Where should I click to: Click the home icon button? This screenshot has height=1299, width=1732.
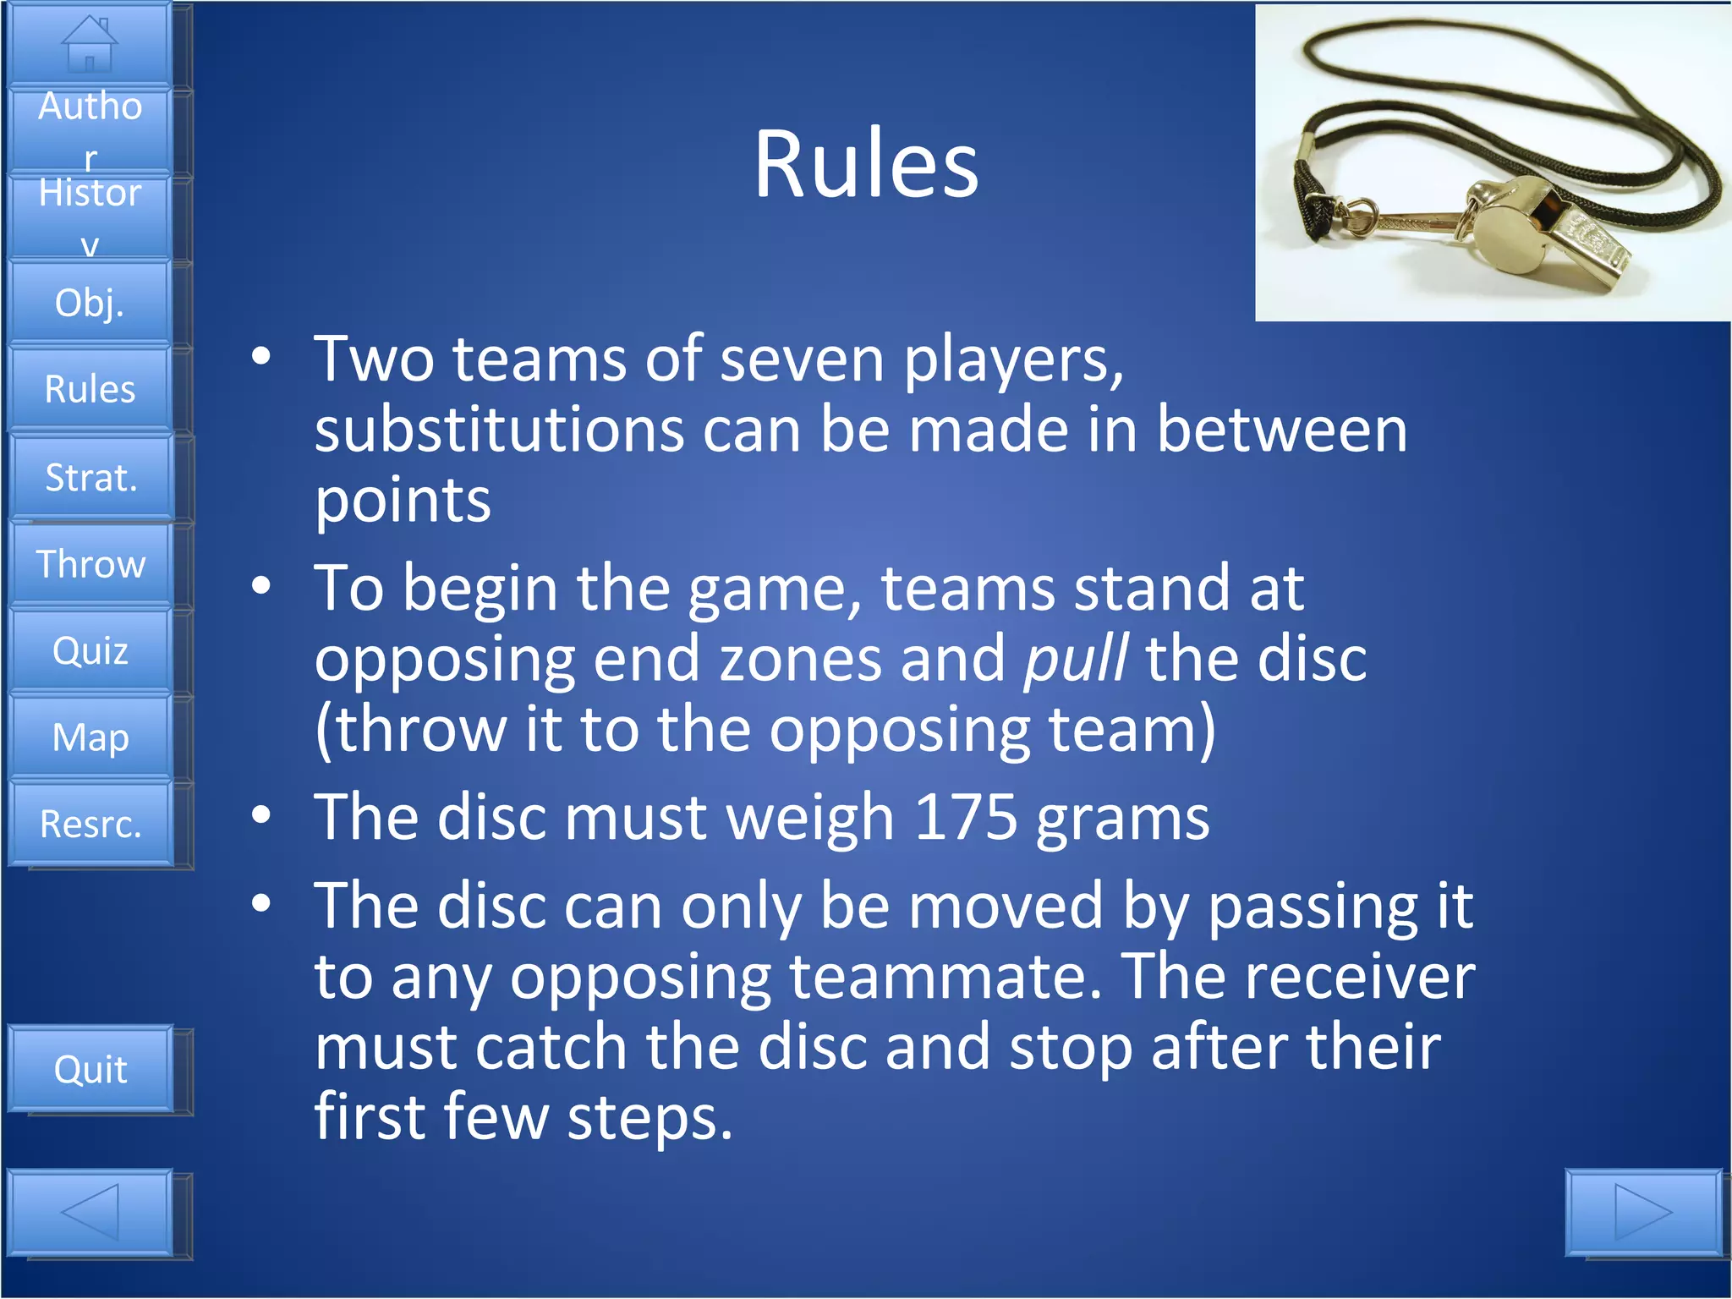click(x=90, y=44)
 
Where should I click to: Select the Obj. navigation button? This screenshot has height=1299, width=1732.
click(x=90, y=303)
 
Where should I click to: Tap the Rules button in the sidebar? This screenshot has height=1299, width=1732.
click(x=90, y=389)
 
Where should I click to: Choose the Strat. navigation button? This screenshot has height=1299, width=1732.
click(x=90, y=477)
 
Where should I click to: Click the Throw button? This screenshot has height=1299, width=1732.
click(x=90, y=564)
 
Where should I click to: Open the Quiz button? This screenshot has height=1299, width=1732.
click(x=90, y=650)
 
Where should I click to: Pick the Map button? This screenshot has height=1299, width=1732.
click(x=90, y=737)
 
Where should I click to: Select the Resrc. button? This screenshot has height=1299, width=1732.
click(x=90, y=824)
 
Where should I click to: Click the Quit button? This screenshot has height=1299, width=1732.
click(x=90, y=1069)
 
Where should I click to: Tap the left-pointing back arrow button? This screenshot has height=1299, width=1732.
click(x=90, y=1213)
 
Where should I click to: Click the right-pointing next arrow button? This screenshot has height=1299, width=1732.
click(x=1642, y=1213)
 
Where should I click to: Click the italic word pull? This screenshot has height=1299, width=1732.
click(x=1075, y=659)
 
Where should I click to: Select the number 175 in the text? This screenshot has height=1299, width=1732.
click(x=966, y=817)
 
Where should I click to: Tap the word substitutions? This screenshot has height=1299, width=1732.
click(x=499, y=430)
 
